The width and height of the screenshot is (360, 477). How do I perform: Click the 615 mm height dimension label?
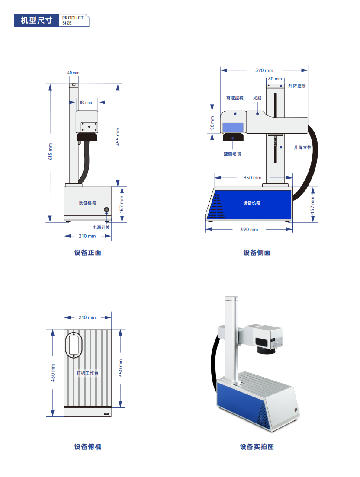pos(50,151)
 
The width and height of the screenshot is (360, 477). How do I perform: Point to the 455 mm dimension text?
pos(118,136)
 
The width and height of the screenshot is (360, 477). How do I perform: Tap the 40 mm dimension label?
pos(74,73)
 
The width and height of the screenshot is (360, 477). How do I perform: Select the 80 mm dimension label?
pos(275,79)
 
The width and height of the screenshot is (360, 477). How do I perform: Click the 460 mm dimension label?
pos(53,372)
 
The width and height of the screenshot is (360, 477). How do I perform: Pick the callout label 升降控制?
pos(297,86)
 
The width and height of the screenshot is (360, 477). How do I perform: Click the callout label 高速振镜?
pos(235,98)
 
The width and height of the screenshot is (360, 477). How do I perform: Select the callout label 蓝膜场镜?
pos(232,154)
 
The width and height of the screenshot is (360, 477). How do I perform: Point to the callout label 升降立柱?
pos(302,147)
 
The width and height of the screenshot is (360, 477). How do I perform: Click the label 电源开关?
pos(101,227)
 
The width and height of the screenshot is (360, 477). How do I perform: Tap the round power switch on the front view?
pos(106,210)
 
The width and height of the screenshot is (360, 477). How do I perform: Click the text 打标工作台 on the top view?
pos(87,373)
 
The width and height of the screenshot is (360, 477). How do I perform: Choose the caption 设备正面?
pos(87,253)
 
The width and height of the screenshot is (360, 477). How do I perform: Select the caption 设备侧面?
pos(257,253)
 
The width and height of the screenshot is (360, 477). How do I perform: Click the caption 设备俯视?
pos(87,447)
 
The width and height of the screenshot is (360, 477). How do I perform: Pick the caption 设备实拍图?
pos(257,447)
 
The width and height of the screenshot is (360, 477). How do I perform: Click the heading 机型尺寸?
pos(36,20)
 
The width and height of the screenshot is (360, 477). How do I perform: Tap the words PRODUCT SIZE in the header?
pos(73,20)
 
